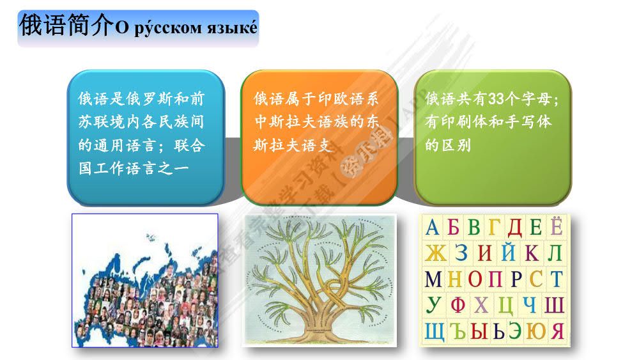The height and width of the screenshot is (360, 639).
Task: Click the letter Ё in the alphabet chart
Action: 556,228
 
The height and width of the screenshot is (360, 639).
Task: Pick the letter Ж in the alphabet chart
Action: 435,253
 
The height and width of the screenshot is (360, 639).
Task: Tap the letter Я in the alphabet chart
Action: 557,331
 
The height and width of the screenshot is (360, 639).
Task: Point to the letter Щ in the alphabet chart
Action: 435,331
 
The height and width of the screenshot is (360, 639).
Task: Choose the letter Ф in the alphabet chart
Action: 458,305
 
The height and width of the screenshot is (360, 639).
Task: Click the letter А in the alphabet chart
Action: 433,228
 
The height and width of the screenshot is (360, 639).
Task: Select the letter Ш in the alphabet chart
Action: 555,305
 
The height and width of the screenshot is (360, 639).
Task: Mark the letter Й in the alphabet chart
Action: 508,253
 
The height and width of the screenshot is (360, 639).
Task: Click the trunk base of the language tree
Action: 320,329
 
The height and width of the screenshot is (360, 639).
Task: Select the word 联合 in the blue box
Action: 190,146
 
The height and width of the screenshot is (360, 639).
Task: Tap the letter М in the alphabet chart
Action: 433,279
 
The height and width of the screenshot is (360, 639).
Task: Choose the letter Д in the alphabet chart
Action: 514,228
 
